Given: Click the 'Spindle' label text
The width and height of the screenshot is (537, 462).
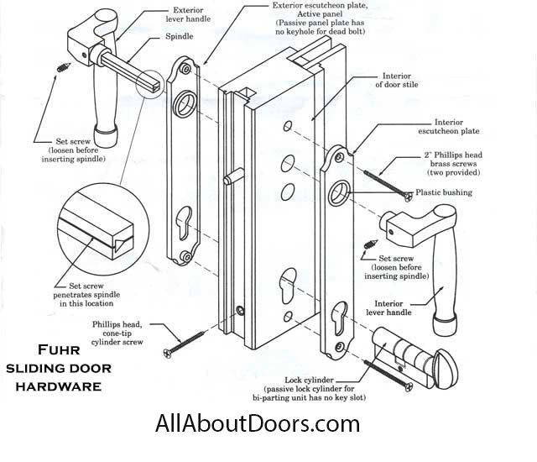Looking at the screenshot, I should pos(179,37).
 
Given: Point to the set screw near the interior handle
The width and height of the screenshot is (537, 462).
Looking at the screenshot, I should pos(370,247).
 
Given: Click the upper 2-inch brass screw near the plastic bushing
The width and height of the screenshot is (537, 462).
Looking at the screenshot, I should pos(388,185).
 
